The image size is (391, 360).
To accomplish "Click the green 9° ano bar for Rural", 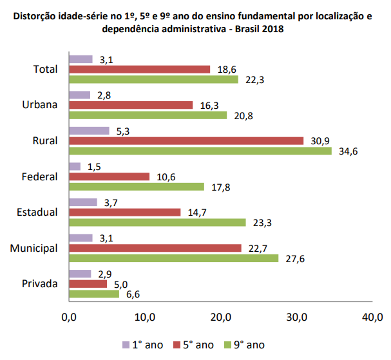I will [200, 151].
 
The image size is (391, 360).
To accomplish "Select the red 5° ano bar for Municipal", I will [155, 248].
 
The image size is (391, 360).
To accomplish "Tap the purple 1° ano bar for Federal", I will [75, 167].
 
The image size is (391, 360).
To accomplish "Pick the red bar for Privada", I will [88, 283].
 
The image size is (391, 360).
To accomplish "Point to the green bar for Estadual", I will [157, 222].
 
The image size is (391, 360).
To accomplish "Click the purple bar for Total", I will [81, 59].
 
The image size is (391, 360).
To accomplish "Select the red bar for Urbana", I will [131, 105].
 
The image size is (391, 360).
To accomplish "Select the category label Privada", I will [39, 284].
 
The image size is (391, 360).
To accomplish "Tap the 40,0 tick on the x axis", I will [373, 317].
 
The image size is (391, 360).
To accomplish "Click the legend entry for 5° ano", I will [194, 345].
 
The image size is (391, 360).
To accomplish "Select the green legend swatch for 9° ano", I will [227, 345].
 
